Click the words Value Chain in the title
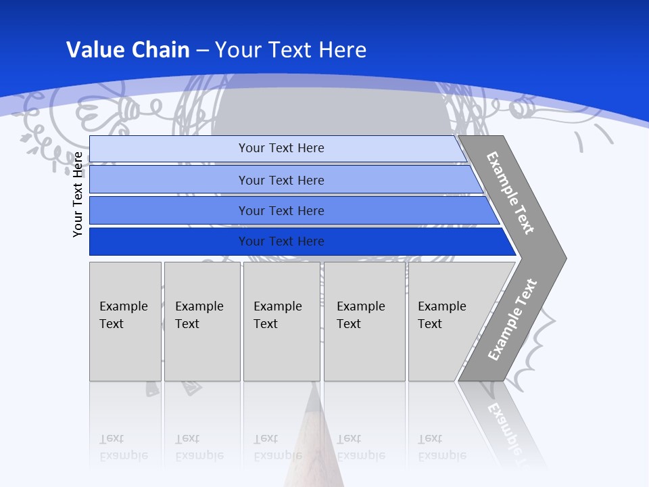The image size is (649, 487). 128,50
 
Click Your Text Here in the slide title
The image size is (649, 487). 291,50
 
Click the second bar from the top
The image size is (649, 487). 281,180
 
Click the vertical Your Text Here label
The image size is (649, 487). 78,194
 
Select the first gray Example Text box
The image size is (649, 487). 125,321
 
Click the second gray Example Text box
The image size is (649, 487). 201,321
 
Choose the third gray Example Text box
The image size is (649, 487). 281,321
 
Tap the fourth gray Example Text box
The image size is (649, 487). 364,321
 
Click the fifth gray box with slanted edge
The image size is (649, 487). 446,321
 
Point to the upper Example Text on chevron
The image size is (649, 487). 510,192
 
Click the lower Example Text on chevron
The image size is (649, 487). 512,319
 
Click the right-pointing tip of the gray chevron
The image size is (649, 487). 562,258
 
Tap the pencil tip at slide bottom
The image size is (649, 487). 313,433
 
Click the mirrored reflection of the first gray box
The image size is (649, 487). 125,426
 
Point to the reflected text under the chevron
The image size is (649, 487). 504,426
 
